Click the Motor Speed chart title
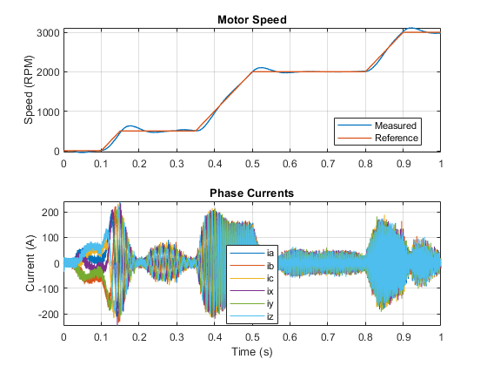(252, 19)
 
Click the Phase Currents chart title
(251, 193)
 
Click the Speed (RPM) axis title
(29, 90)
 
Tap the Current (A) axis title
(30, 263)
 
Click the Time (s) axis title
(252, 352)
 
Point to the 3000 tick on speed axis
(48, 33)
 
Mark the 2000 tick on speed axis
(48, 72)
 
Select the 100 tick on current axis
(50, 238)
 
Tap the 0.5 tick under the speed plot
(252, 164)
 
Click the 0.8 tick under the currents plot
(365, 336)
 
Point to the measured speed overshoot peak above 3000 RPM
(410, 28)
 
